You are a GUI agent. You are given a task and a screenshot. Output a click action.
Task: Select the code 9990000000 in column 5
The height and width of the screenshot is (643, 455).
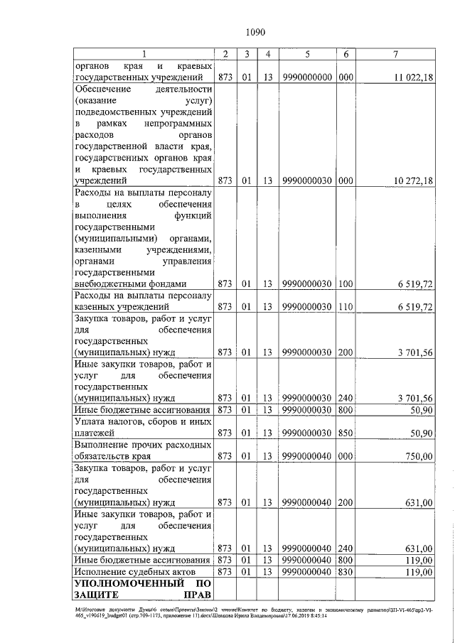click(x=306, y=77)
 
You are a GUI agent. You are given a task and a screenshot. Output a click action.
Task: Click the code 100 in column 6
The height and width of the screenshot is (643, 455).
click(x=346, y=284)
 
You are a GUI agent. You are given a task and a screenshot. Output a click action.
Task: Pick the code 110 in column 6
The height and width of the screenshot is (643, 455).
click(x=346, y=307)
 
